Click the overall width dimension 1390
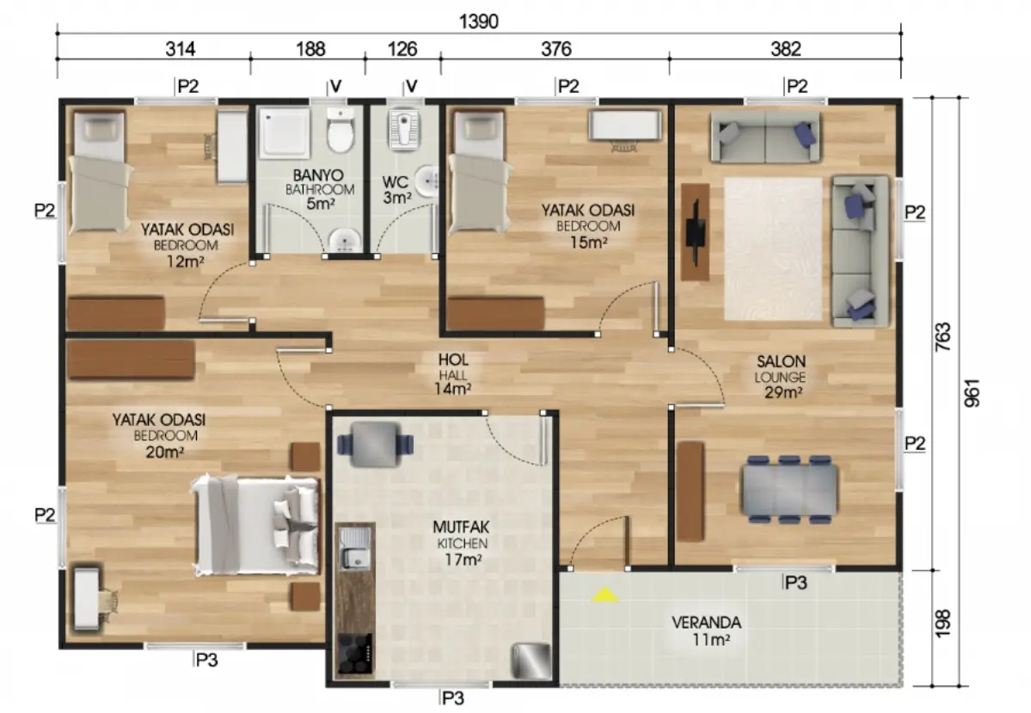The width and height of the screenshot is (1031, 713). [479, 22]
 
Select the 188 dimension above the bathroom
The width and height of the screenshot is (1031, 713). [310, 49]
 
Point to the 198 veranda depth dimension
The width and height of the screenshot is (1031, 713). [943, 623]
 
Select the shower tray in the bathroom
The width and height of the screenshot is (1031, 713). [284, 133]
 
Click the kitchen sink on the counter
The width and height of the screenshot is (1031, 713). [353, 549]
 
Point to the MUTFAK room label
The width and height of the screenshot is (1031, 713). [461, 527]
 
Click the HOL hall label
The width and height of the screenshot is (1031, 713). [454, 360]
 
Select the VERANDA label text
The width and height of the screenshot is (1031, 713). [706, 622]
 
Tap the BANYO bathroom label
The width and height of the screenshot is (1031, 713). [318, 175]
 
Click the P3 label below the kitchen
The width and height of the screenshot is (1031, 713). [453, 698]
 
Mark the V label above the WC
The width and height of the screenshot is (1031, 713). [412, 86]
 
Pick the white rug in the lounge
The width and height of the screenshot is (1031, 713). [773, 249]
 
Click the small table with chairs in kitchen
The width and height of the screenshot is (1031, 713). [376, 445]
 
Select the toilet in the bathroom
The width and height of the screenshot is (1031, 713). [341, 130]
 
